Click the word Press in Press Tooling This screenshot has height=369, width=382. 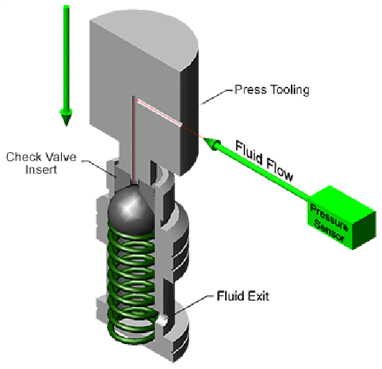(x=251, y=90)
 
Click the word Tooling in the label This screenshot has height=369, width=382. (x=290, y=90)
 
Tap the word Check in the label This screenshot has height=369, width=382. (x=24, y=157)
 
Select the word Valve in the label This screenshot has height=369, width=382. (x=61, y=157)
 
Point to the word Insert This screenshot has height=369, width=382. (x=41, y=170)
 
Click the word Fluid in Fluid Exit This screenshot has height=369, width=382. (x=231, y=296)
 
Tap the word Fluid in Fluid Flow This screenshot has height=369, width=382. (x=249, y=152)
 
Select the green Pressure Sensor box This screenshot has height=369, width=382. (x=342, y=218)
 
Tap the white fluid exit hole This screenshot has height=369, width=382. (x=162, y=322)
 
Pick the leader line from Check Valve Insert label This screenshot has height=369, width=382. (x=99, y=168)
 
